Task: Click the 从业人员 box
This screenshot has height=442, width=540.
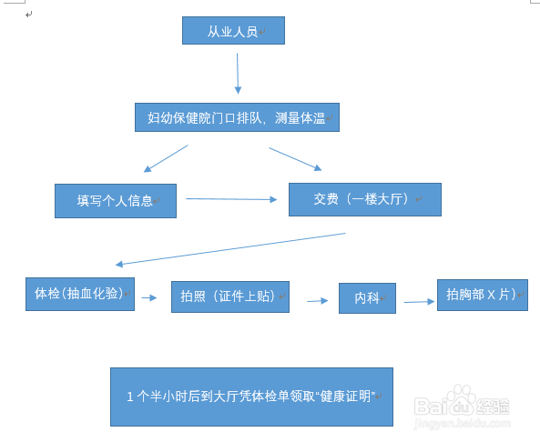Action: coord(233,31)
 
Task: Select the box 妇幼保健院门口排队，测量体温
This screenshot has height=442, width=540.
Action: coord(237,117)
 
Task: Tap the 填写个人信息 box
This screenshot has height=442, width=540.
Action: coord(116,201)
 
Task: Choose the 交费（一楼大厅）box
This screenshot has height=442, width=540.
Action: coord(365,199)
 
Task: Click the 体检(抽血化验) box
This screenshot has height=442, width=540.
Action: coord(80,294)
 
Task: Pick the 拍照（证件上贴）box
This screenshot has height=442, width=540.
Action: coord(230,296)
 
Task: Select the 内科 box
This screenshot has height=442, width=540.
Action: coord(368,298)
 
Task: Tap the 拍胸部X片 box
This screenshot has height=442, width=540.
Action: coord(483,296)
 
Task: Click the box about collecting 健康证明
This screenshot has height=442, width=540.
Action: coord(251,397)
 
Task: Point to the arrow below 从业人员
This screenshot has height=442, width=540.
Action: coord(238,74)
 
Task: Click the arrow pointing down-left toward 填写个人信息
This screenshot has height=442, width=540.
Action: coord(166,158)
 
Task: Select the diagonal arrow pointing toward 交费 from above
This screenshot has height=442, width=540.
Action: coord(295,159)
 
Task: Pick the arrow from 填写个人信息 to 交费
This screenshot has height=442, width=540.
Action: coord(231,199)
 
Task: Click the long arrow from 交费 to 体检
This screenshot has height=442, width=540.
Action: coord(230,248)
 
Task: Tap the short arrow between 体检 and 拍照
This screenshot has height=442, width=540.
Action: coord(149,297)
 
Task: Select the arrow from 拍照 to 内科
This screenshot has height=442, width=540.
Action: coord(318,301)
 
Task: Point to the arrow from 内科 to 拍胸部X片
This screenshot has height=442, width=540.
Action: coord(419,302)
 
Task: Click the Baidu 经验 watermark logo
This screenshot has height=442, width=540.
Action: coord(462,402)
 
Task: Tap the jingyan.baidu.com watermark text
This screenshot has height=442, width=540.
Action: coord(463,423)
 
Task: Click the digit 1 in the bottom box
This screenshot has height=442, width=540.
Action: coord(130,397)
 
